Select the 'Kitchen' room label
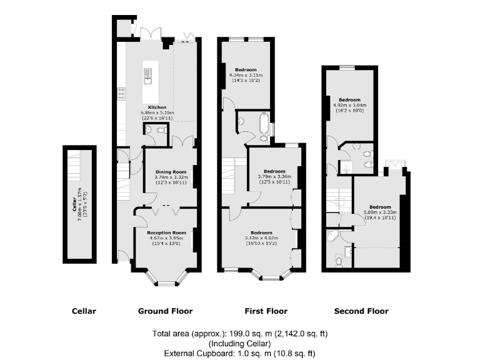pyautogui.click(x=157, y=107)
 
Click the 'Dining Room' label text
pyautogui.click(x=171, y=171)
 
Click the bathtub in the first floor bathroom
pyautogui.click(x=262, y=125)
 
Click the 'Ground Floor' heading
pyautogui.click(x=165, y=311)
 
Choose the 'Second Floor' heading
pyautogui.click(x=361, y=311)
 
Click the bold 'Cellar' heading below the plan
pyautogui.click(x=84, y=311)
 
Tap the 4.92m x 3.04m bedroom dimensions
pyautogui.click(x=349, y=105)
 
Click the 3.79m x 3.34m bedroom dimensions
pyautogui.click(x=274, y=176)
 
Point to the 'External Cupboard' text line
pyautogui.click(x=240, y=353)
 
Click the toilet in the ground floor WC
pyautogui.click(x=160, y=131)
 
